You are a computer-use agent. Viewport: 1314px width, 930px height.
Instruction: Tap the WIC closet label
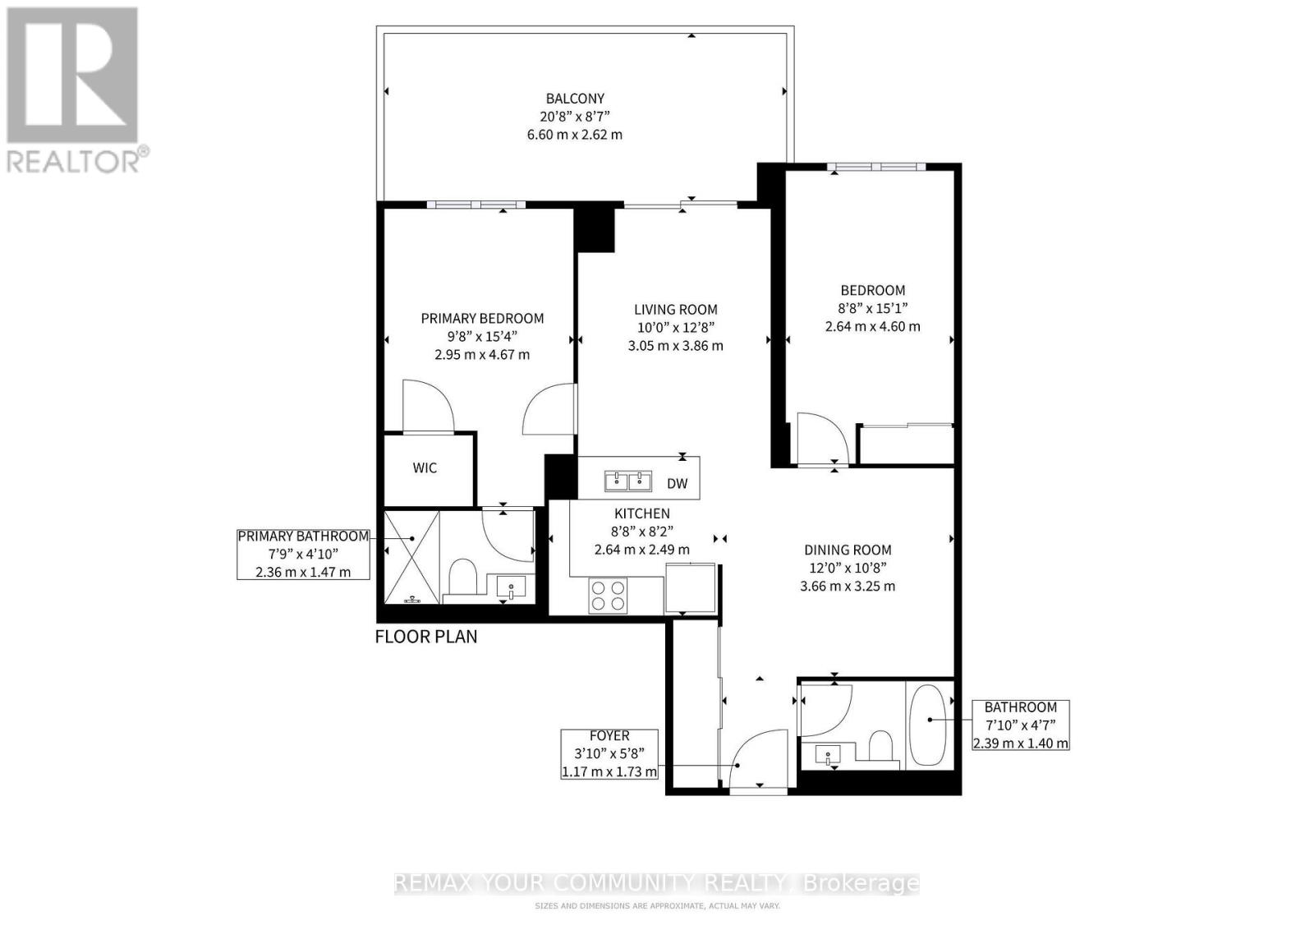(425, 468)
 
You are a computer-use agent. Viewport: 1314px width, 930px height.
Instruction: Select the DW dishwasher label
(677, 484)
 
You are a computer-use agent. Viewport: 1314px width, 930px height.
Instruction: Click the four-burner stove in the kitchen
(608, 596)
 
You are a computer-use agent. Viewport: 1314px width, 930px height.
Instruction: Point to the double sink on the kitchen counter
(628, 480)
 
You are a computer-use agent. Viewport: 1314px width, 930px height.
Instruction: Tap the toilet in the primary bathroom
(464, 578)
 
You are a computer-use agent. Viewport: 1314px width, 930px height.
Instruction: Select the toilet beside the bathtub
(881, 748)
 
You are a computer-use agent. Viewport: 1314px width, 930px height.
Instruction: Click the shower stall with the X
(411, 556)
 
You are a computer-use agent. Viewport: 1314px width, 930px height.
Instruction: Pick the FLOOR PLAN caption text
(425, 637)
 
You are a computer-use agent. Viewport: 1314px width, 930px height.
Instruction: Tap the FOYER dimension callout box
(609, 753)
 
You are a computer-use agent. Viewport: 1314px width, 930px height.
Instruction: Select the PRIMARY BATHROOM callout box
(303, 554)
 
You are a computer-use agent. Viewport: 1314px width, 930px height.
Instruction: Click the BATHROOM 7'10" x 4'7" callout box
(1020, 725)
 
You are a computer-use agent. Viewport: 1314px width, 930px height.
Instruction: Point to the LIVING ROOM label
(675, 310)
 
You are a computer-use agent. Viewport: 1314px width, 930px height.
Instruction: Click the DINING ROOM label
(848, 550)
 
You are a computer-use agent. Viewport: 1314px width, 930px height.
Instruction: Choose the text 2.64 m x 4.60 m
(872, 326)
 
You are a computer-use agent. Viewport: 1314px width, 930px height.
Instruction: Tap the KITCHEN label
(642, 513)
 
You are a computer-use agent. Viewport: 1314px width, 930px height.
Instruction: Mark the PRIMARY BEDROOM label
(482, 319)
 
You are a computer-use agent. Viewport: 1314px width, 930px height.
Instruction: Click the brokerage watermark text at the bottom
(657, 884)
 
